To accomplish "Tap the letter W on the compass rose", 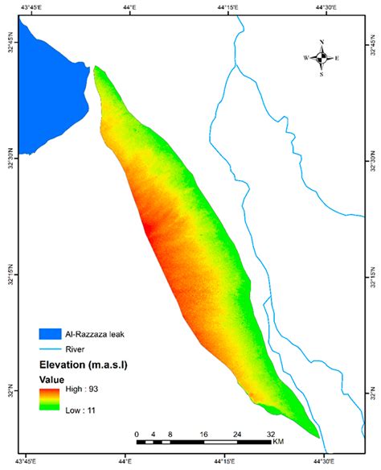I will click(x=305, y=58).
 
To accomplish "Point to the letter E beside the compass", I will click(x=337, y=58).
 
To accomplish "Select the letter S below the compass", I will click(x=322, y=74).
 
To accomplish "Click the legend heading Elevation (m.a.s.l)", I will click(x=85, y=365).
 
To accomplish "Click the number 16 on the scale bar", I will click(x=204, y=435).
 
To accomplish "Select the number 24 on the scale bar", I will click(x=237, y=435).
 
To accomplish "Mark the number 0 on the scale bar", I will click(x=137, y=435).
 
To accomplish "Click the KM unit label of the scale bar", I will click(x=278, y=442).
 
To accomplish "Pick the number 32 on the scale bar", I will click(x=270, y=435).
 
